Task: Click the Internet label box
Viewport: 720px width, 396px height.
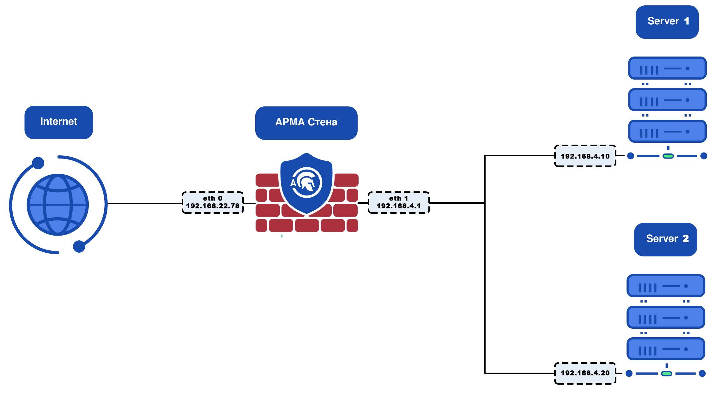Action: point(59,122)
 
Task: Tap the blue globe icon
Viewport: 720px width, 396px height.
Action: point(58,205)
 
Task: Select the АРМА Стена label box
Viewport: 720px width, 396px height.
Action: point(306,123)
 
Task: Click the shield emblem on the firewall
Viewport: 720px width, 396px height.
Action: point(306,183)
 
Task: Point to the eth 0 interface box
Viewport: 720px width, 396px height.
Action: point(213,202)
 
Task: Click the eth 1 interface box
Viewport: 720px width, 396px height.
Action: point(399,202)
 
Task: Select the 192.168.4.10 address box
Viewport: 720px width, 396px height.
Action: point(585,156)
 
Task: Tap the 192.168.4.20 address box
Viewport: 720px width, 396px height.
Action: point(585,373)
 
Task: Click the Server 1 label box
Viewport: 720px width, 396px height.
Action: point(667,22)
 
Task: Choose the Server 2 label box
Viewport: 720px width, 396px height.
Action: point(665,239)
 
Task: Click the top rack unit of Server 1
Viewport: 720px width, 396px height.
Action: point(667,68)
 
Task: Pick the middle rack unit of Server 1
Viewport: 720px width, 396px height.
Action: point(667,100)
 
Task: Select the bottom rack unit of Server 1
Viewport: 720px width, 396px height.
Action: point(667,131)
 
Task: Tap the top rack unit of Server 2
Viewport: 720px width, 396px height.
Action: point(666,286)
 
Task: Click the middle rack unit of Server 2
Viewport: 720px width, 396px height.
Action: point(666,317)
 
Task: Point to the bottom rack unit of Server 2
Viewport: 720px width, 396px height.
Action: point(666,349)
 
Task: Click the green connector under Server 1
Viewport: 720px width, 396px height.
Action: point(668,156)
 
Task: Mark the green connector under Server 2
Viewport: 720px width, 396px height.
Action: point(667,374)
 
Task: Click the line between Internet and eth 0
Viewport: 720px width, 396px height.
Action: point(145,203)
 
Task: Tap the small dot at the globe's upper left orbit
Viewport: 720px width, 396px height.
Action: point(38,163)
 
